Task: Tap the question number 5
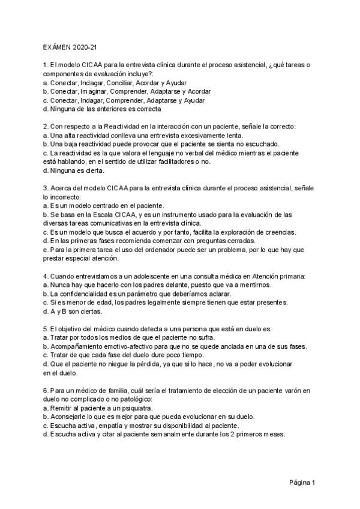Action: (x=46, y=329)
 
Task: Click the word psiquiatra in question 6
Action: (x=133, y=408)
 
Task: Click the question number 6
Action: (x=46, y=391)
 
